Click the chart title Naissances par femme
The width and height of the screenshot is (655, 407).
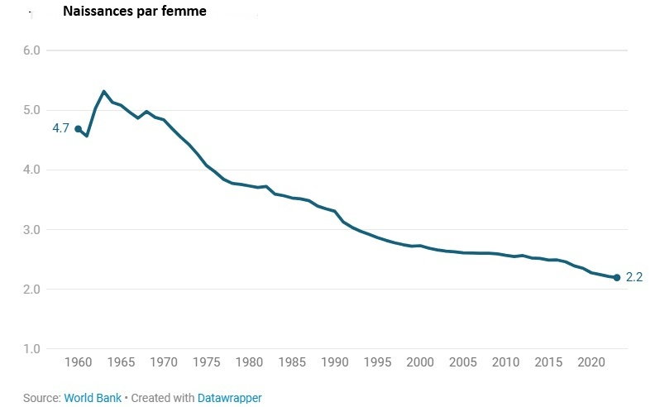click(x=135, y=12)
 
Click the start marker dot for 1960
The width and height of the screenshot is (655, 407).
click(x=78, y=129)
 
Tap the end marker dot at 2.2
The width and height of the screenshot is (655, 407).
click(x=616, y=277)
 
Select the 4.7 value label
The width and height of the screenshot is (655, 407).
click(x=60, y=129)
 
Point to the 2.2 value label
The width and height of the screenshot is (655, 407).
click(x=634, y=278)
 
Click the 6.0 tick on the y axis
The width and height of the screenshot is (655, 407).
click(x=32, y=50)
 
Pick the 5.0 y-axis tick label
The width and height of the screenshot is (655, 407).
click(x=32, y=110)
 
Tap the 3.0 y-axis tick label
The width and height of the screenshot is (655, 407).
click(x=32, y=229)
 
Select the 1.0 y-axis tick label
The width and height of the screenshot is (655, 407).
click(x=32, y=348)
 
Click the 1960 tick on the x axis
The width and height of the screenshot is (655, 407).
click(x=78, y=362)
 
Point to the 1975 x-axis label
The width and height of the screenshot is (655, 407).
click(x=206, y=362)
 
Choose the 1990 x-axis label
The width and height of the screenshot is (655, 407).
click(x=334, y=362)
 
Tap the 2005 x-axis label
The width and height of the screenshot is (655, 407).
click(x=462, y=362)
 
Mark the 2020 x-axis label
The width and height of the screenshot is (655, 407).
click(x=590, y=362)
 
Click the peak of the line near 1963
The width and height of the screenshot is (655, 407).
click(x=103, y=91)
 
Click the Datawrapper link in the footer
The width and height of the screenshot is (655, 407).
click(x=229, y=398)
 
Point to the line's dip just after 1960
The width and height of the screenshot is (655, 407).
click(x=87, y=136)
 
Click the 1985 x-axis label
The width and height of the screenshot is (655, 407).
click(x=291, y=362)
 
